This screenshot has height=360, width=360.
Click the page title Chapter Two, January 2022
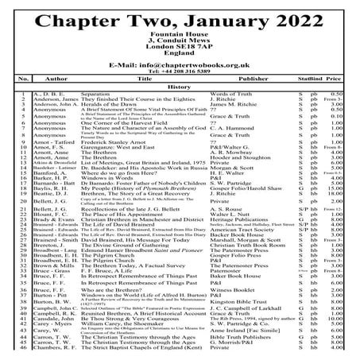(180, 17)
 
